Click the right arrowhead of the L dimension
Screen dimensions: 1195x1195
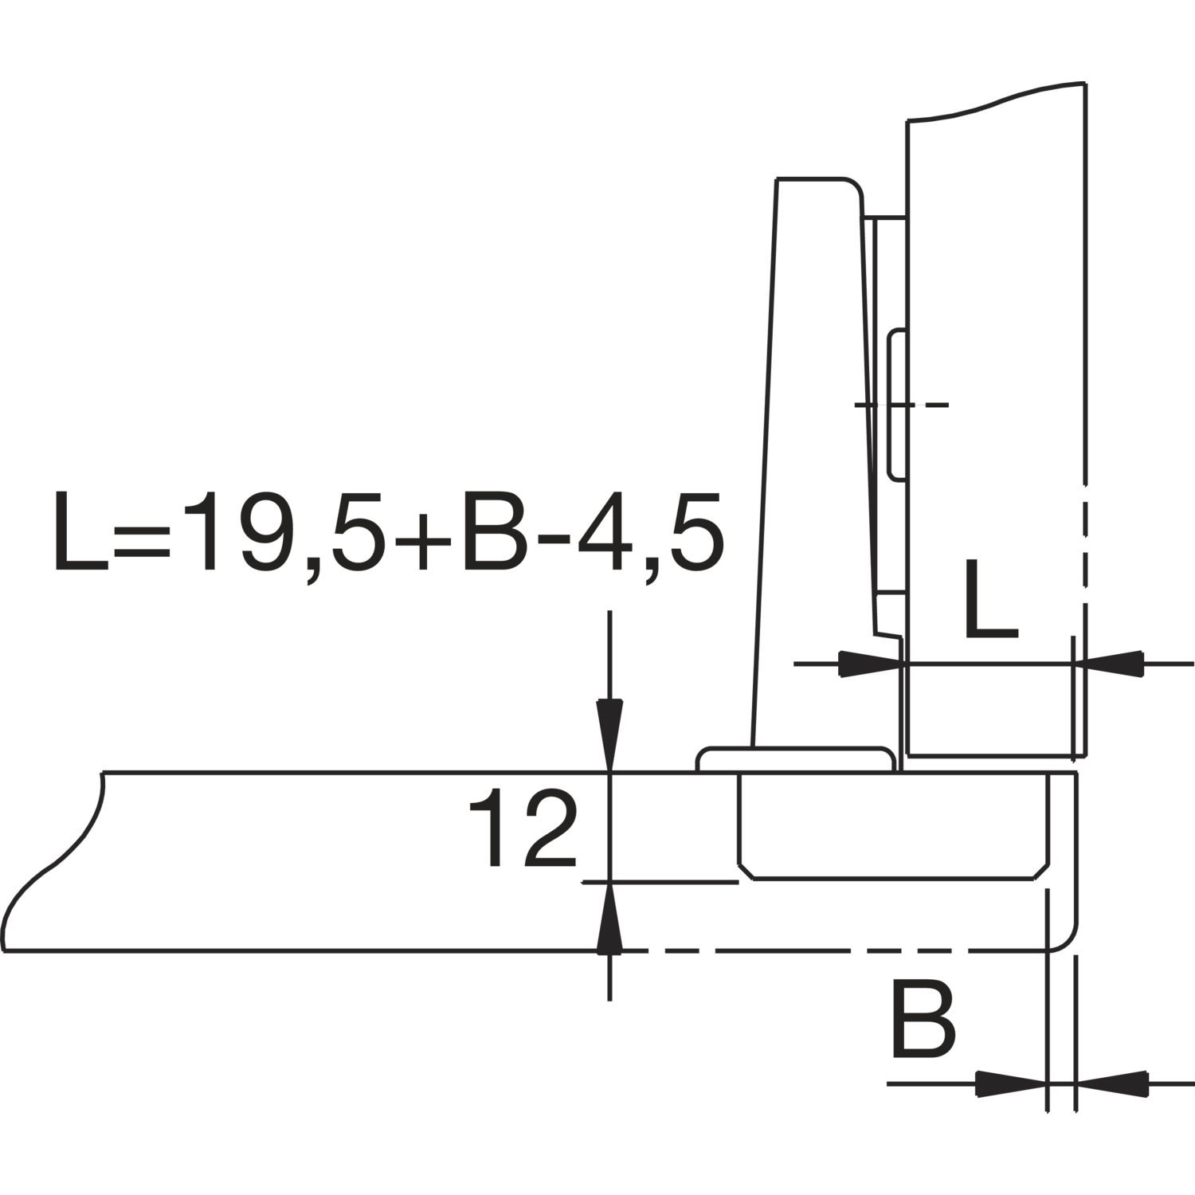coord(1109,664)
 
